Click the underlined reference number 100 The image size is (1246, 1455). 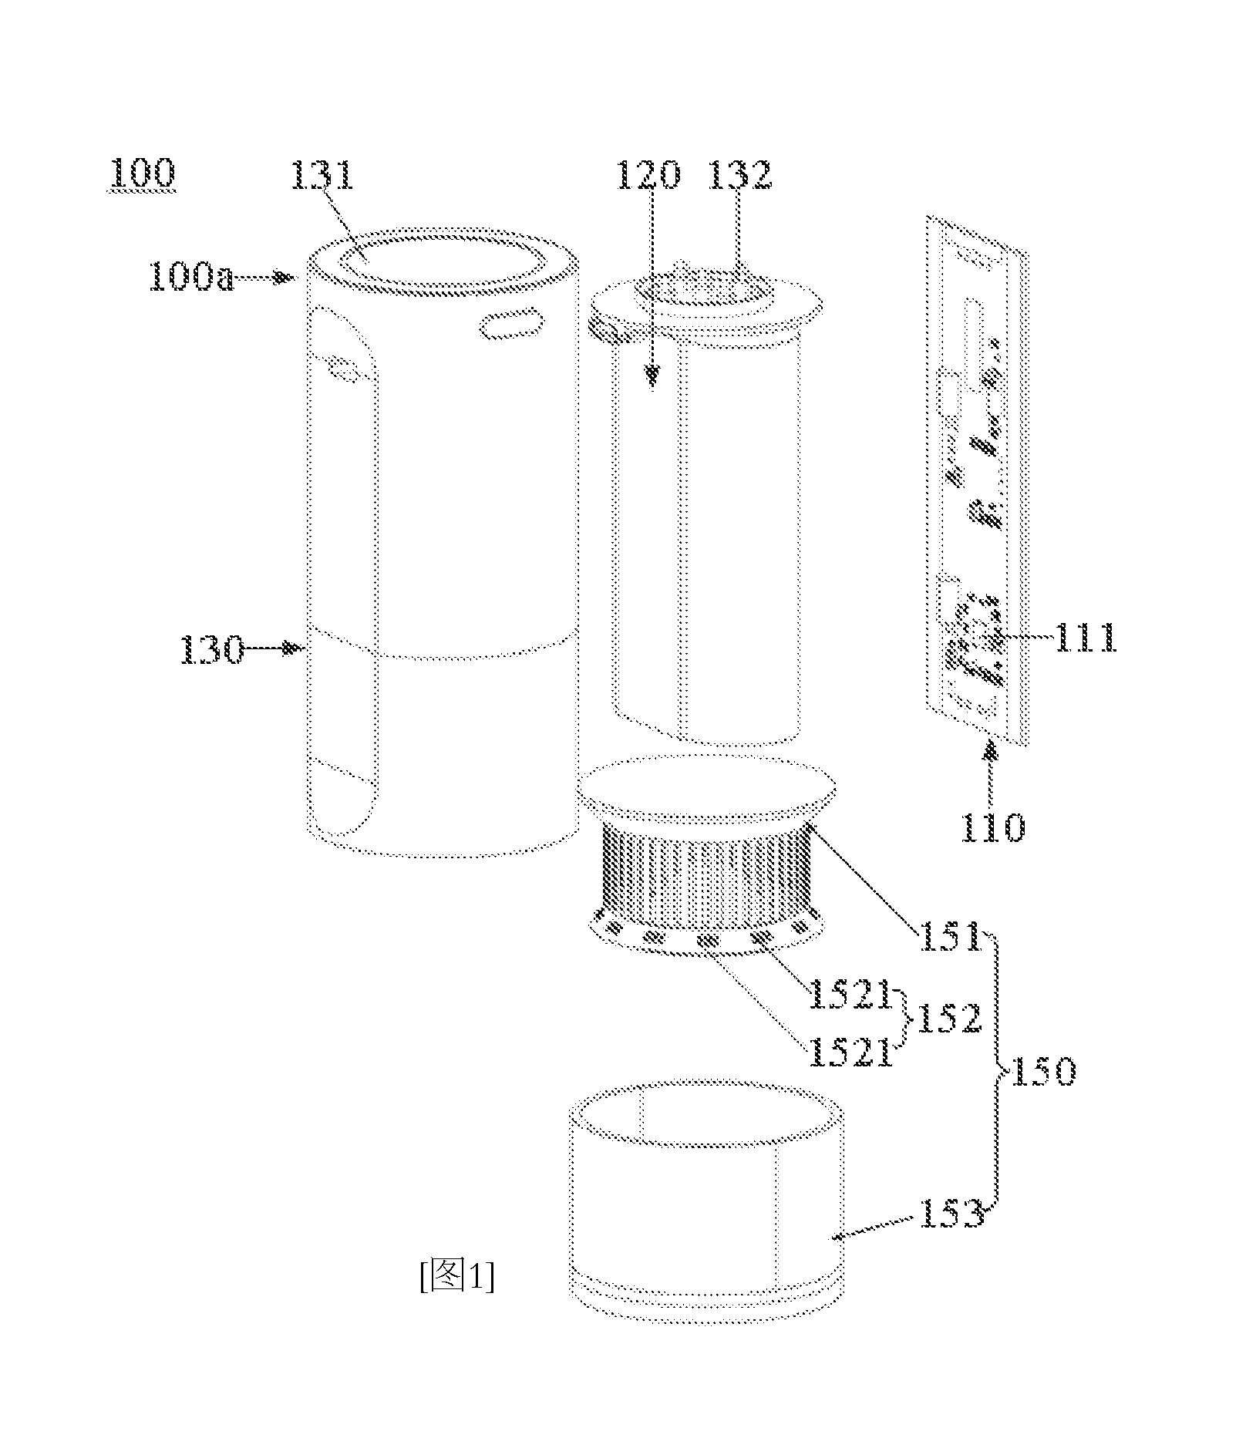(143, 175)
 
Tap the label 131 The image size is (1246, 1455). (323, 176)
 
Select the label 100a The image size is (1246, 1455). (191, 277)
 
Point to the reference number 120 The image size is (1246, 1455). (648, 176)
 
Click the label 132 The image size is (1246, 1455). (740, 176)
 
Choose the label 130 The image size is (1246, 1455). (212, 650)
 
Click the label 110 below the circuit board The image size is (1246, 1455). (993, 828)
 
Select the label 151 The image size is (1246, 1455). (948, 938)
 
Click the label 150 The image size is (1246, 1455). (1042, 1072)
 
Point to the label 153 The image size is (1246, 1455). (952, 1216)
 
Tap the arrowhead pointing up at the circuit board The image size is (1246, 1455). (992, 749)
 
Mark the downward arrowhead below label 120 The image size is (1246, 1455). (653, 376)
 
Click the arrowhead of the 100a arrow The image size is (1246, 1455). (288, 277)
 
